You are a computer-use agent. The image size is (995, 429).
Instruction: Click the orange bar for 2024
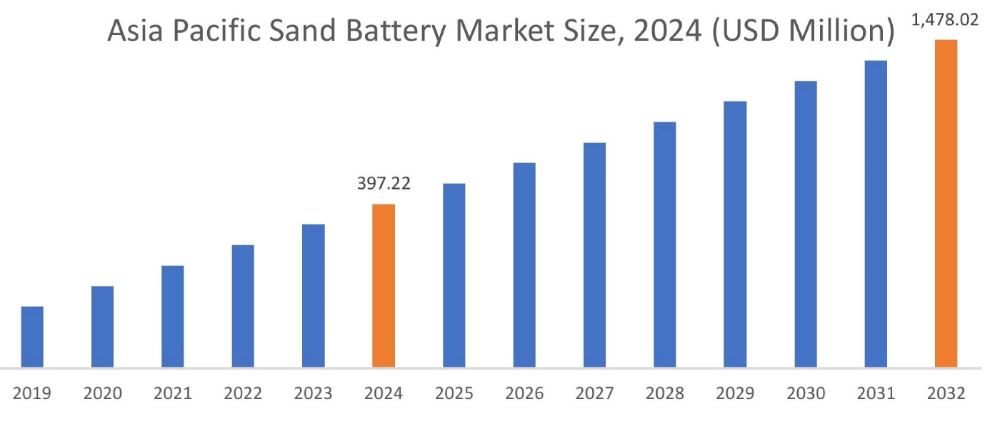(x=384, y=286)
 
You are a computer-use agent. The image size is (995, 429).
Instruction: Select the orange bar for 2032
(x=946, y=204)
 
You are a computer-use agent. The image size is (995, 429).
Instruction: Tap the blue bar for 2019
(x=32, y=337)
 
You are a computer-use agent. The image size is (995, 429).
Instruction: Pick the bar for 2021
(x=173, y=317)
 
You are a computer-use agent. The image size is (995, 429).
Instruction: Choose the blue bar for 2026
(x=524, y=265)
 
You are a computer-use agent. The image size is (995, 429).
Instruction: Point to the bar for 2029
(x=735, y=235)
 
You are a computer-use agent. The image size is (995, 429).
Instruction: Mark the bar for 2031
(x=876, y=214)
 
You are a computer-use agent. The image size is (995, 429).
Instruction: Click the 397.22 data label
(x=384, y=184)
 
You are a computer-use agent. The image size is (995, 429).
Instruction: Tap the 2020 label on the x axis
(x=103, y=394)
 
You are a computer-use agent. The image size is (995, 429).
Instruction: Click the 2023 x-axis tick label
(x=314, y=394)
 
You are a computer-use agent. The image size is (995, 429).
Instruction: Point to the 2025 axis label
(x=454, y=394)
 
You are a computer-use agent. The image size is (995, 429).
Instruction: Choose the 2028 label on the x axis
(x=665, y=394)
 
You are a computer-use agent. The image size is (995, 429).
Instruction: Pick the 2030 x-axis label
(x=806, y=394)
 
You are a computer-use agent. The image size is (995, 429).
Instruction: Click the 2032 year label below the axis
(x=946, y=394)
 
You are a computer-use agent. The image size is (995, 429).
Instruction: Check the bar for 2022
(x=243, y=306)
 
